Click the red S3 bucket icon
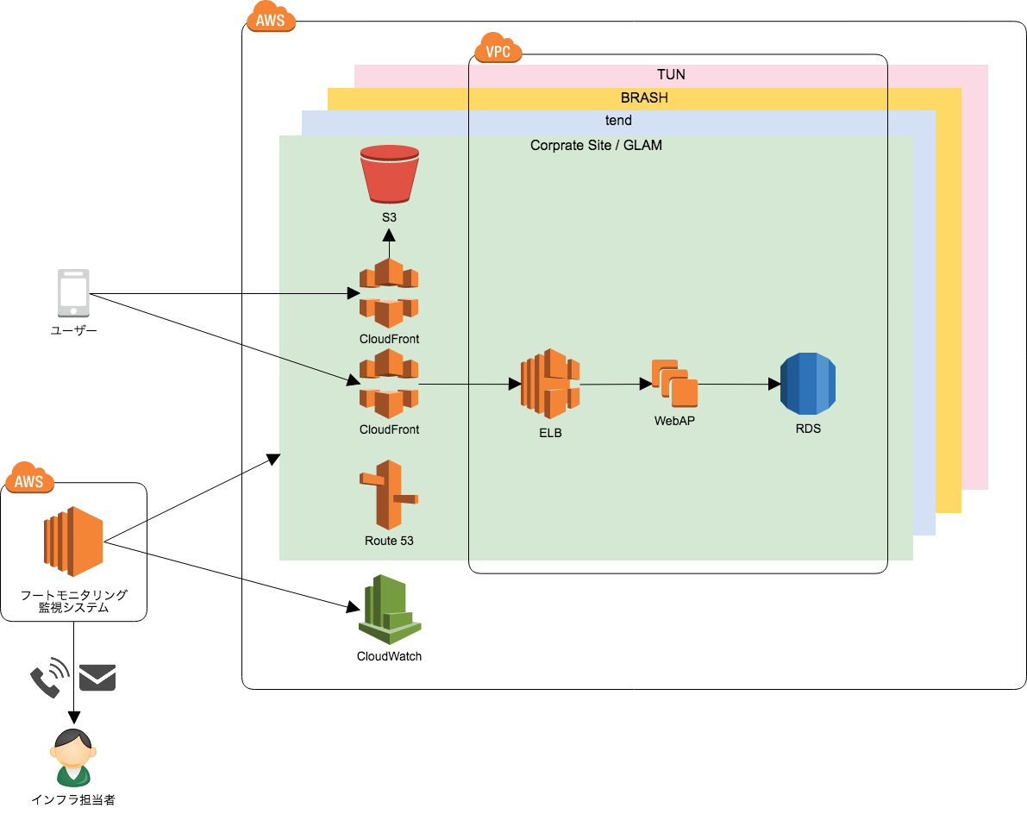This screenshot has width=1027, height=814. (x=389, y=174)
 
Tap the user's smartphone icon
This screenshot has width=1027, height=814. (x=73, y=292)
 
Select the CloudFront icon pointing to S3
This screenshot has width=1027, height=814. (x=389, y=292)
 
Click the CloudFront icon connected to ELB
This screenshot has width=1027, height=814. (x=389, y=383)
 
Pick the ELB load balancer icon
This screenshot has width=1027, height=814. (x=550, y=384)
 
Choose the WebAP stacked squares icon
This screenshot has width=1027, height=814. (x=674, y=383)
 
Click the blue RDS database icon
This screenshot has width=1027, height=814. (x=808, y=384)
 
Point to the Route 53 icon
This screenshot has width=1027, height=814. (x=389, y=494)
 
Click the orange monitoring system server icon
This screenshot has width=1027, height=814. (x=73, y=542)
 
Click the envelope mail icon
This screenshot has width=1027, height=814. (x=97, y=678)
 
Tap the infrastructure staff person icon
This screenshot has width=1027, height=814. (x=73, y=757)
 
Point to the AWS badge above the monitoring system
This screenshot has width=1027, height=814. (x=28, y=478)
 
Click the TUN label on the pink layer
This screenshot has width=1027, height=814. (x=672, y=75)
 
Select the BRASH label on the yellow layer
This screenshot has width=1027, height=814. (x=644, y=97)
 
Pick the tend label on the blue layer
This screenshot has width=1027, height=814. (x=618, y=121)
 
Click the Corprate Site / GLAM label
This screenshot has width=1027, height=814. (x=596, y=146)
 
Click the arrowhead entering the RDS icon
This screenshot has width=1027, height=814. (x=774, y=385)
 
